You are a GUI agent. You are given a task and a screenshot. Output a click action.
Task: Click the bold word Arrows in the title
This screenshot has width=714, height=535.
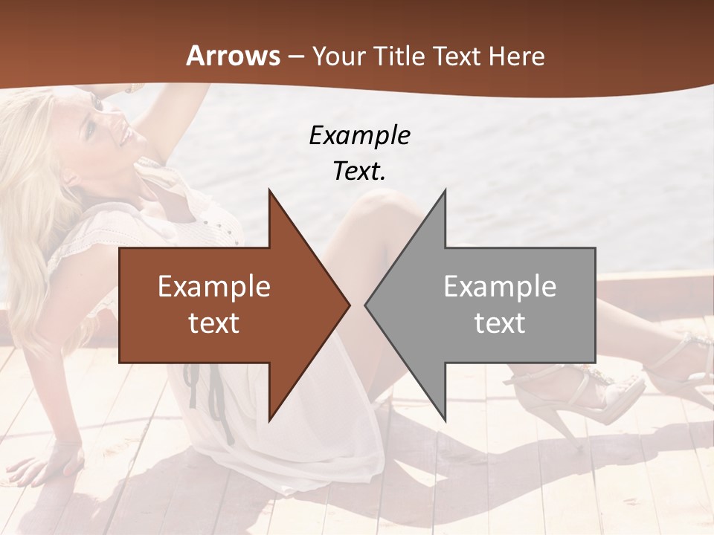[x=233, y=56]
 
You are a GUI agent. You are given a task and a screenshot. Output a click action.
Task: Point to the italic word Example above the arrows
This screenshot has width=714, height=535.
[x=359, y=135]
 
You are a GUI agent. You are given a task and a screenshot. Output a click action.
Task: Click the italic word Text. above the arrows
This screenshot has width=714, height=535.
[x=359, y=172]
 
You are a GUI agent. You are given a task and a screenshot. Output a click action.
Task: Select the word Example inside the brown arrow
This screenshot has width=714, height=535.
[x=214, y=286]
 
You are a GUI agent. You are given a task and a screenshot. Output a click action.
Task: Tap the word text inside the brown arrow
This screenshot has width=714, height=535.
[x=214, y=323]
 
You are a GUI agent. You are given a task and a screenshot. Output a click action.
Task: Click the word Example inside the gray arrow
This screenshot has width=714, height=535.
[x=500, y=286]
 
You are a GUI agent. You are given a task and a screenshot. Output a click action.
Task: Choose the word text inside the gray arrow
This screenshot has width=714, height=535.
[x=500, y=323]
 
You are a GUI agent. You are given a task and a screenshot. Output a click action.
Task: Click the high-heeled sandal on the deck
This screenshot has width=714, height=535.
[x=588, y=394]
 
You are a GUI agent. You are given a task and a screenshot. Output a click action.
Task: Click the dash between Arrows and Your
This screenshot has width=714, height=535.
[x=296, y=56]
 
